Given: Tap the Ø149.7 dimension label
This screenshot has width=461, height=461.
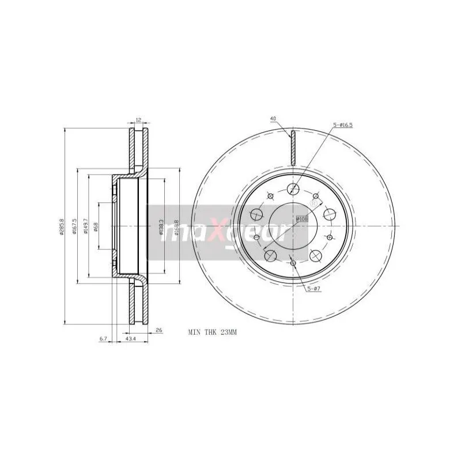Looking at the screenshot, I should pos(85,226).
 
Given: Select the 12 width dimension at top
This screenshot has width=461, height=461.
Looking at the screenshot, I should pos(138,120).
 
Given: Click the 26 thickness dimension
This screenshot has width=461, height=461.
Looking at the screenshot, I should pos(158,331).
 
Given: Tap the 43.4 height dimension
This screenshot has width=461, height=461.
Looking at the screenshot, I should pos(130,339).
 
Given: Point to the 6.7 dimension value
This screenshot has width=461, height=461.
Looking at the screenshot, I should pos(103,339).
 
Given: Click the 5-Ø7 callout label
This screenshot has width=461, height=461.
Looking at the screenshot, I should pos(313,289).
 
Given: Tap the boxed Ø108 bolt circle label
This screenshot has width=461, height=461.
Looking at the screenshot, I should pos(301,218).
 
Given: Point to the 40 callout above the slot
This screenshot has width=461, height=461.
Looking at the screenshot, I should pos(273,119).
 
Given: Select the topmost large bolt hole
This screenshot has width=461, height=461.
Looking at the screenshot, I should pos(293,188).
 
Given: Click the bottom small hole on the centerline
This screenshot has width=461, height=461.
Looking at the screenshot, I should pos(293,263).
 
